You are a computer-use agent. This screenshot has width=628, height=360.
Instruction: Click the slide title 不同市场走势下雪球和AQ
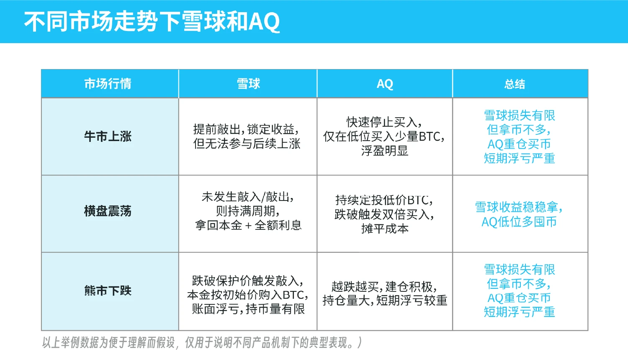(x=152, y=22)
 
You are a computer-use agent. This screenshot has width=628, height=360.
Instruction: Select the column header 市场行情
(x=108, y=84)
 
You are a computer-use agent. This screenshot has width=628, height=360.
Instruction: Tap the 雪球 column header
(x=248, y=84)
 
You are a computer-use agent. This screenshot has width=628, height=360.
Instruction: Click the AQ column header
(x=385, y=84)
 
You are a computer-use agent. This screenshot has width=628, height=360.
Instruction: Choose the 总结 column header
(x=515, y=84)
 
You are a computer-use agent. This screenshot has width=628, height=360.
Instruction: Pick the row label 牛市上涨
(x=108, y=136)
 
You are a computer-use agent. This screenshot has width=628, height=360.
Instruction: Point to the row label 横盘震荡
(x=108, y=211)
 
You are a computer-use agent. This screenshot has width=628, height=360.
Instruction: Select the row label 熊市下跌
(x=108, y=291)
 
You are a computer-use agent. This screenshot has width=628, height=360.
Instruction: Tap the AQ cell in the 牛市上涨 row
(x=384, y=136)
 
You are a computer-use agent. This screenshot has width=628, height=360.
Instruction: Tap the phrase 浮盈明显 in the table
(x=384, y=151)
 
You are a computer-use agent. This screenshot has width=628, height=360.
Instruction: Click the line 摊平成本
(x=385, y=229)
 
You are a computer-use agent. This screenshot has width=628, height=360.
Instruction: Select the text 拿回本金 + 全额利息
(x=248, y=225)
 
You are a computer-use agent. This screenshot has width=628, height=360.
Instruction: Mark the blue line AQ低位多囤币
(x=519, y=222)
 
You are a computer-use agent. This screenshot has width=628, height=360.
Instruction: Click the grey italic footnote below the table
(x=202, y=342)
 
